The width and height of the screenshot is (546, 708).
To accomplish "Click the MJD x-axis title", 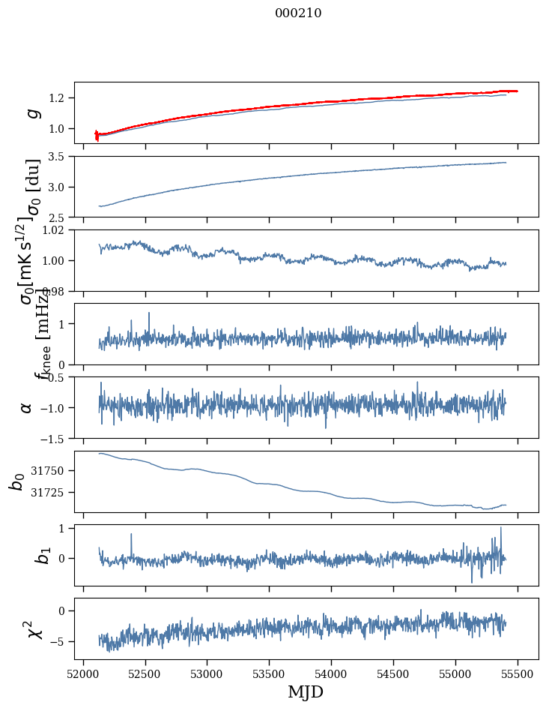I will click(306, 691).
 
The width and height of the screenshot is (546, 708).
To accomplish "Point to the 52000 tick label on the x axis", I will click(83, 673).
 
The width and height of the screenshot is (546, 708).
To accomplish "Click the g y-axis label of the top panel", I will click(32, 113).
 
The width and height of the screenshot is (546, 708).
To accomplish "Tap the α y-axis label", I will click(27, 407).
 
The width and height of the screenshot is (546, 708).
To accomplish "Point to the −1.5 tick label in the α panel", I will click(54, 438).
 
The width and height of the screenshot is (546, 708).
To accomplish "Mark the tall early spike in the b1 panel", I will click(131, 535).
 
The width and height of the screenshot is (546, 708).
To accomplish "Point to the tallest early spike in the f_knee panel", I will click(149, 313).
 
